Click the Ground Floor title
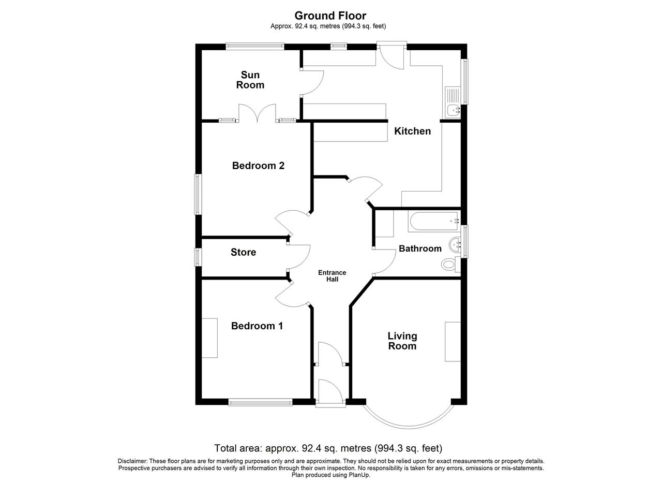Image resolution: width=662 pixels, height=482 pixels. (x=330, y=16)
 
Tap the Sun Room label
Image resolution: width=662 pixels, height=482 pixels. (x=250, y=80)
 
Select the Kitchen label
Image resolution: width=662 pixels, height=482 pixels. (x=412, y=131)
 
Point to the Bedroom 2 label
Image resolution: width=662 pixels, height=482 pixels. (x=258, y=166)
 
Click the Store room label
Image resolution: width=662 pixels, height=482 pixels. (x=243, y=252)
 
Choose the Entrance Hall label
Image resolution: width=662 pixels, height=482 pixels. (x=332, y=276)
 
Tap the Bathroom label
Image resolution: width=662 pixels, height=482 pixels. (x=420, y=249)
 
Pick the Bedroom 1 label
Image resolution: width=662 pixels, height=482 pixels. (x=257, y=326)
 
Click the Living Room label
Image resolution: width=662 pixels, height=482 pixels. (x=402, y=341)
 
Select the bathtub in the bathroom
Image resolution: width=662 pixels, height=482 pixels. (x=433, y=221)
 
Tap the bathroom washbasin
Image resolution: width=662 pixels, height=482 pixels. (x=455, y=245)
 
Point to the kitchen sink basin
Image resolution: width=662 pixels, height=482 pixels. (x=454, y=110)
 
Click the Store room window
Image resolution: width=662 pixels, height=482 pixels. (x=198, y=257)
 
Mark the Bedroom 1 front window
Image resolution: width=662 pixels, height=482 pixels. (x=260, y=402)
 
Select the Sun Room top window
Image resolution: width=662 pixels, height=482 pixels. (x=255, y=47)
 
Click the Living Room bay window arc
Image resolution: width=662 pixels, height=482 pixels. (x=409, y=427)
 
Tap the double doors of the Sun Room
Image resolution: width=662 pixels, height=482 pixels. (x=257, y=113)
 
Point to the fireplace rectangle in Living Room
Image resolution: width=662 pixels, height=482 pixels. (x=453, y=342)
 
